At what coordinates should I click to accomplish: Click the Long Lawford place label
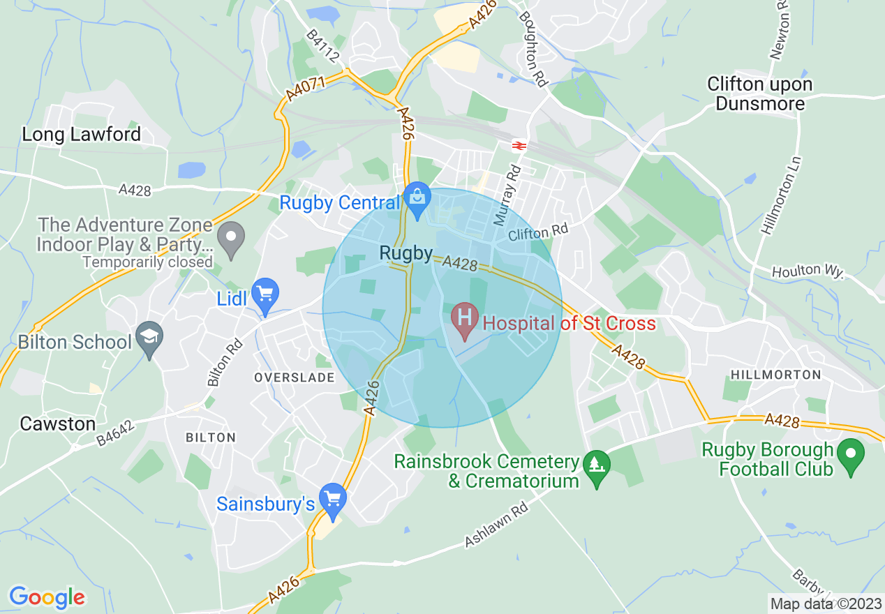82,134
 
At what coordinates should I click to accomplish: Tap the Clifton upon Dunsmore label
759,94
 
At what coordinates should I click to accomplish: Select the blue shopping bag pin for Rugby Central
417,200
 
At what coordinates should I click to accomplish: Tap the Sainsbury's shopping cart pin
333,500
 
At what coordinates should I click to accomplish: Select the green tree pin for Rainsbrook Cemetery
597,466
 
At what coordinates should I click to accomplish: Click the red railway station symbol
519,145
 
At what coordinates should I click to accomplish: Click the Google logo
47,597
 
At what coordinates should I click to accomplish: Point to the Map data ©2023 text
825,603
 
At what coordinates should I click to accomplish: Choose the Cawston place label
58,424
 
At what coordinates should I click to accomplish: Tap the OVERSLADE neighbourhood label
295,377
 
